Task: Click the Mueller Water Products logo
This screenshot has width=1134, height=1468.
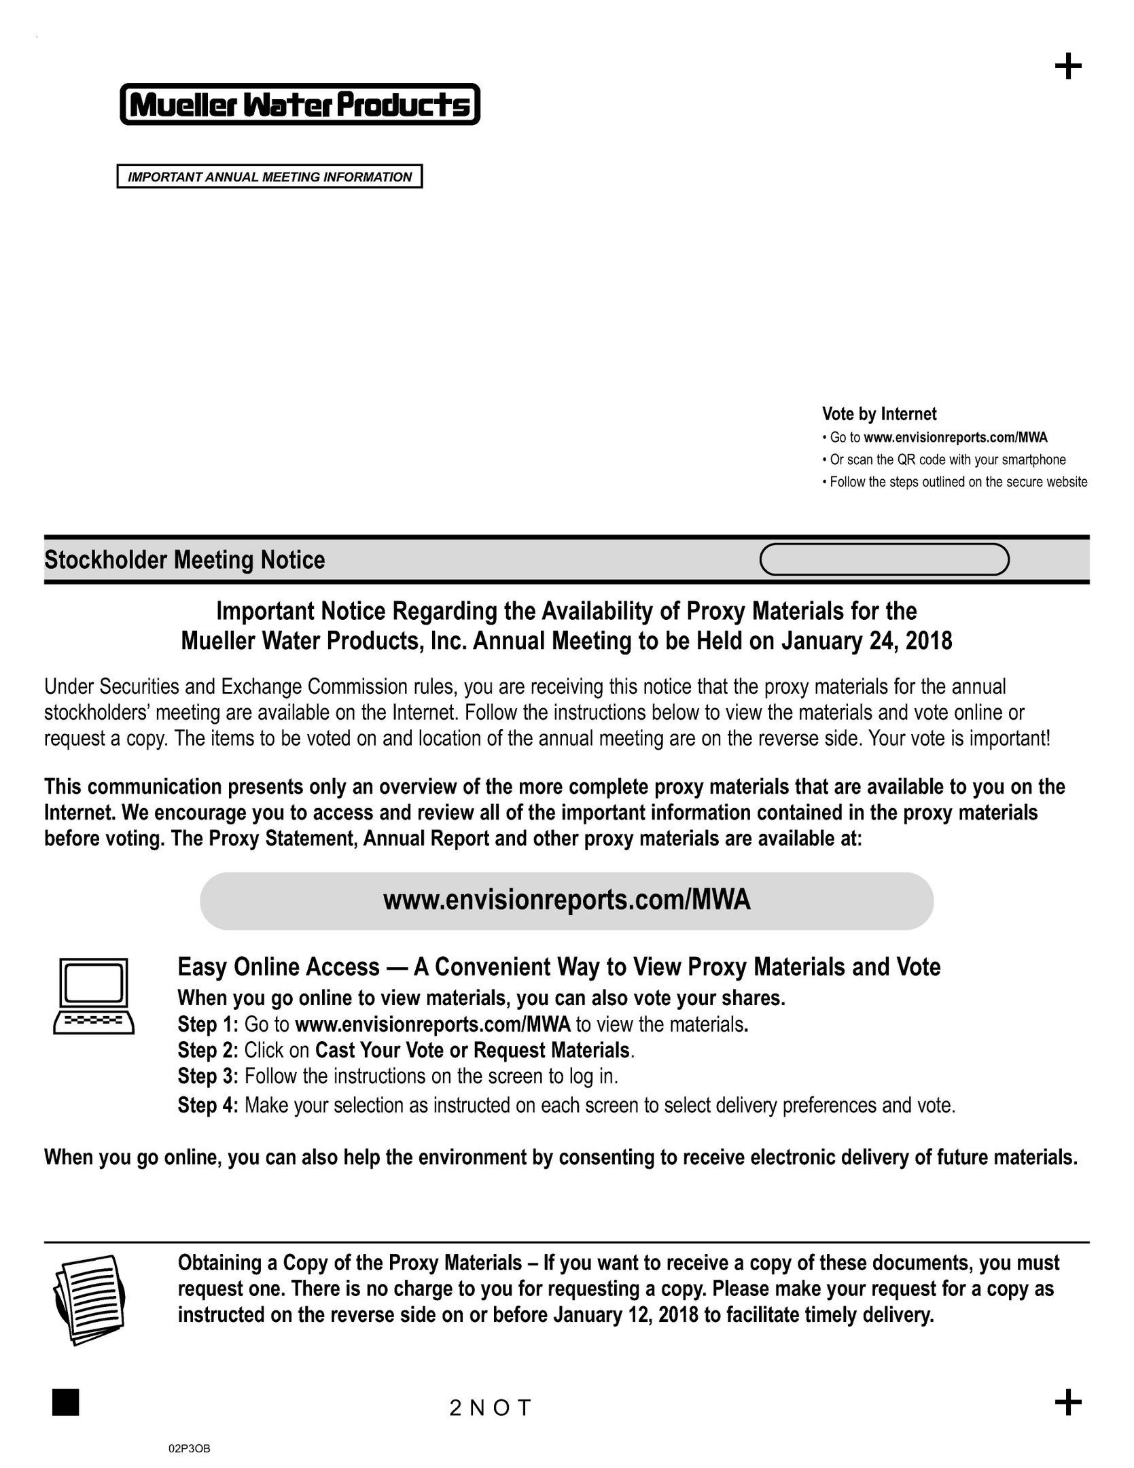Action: point(300,105)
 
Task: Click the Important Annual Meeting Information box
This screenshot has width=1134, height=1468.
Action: point(269,177)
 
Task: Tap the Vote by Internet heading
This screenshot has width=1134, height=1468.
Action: point(879,414)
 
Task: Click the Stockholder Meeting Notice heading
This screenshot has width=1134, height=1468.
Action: point(184,560)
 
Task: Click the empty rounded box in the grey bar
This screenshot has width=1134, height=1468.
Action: point(883,560)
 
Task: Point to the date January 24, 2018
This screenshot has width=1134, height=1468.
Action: point(866,641)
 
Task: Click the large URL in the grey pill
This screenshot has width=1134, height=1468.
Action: point(566,900)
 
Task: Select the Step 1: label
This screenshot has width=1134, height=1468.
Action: point(208,1024)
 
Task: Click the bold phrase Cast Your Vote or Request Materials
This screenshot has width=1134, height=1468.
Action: point(472,1051)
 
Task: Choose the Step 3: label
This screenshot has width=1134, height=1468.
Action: point(208,1077)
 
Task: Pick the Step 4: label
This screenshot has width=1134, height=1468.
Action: point(208,1106)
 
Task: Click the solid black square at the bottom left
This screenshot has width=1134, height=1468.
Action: point(65,1402)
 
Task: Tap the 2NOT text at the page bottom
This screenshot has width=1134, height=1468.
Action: point(489,1408)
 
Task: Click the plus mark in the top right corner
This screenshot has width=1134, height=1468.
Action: point(1067,67)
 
